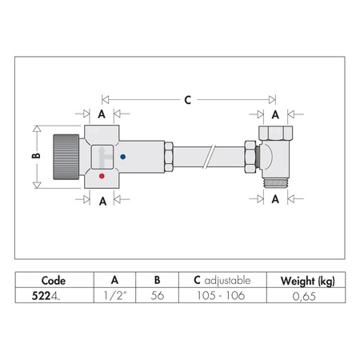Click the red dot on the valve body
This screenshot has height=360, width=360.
click(x=102, y=176)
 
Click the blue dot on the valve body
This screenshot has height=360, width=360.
click(x=122, y=157)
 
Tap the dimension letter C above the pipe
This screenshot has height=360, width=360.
click(x=188, y=100)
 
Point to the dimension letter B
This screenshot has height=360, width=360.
click(x=36, y=155)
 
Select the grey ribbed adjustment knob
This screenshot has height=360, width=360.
click(x=66, y=157)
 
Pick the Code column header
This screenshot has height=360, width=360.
click(x=54, y=281)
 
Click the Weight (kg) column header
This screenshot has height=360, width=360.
click(x=307, y=281)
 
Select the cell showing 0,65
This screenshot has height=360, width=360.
click(x=304, y=296)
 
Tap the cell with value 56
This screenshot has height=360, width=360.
click(x=157, y=295)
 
